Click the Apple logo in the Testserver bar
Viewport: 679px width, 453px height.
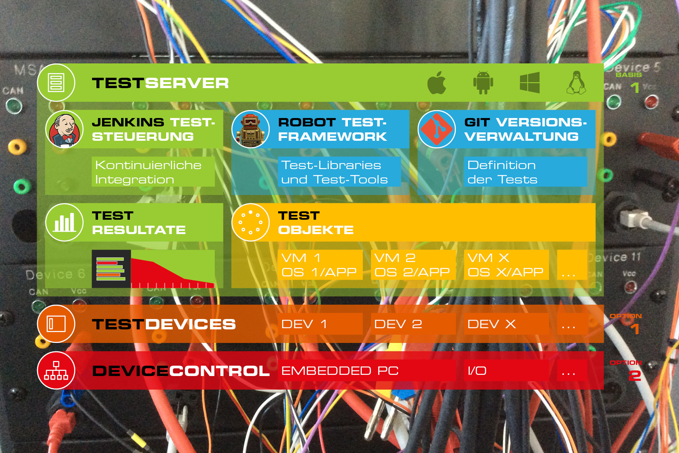[437, 83]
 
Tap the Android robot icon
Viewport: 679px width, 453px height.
[483, 83]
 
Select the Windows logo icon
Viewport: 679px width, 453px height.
[530, 83]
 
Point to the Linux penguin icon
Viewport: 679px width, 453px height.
[576, 83]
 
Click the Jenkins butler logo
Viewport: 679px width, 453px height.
[64, 129]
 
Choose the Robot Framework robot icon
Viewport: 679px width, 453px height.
[250, 129]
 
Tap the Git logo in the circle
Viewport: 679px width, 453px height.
[437, 129]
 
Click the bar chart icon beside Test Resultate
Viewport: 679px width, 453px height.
[64, 222]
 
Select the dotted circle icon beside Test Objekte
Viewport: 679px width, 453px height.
[250, 222]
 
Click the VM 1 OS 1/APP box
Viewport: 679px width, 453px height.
[320, 265]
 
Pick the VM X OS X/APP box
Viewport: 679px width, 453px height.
[506, 265]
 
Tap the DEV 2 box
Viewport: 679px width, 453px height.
[413, 324]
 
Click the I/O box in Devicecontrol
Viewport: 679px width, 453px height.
[506, 370]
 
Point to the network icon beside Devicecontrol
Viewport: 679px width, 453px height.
[56, 370]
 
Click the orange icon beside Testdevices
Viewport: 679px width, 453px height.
[56, 324]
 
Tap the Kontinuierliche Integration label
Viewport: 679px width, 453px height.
[153, 172]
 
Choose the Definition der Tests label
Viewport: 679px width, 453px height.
[525, 172]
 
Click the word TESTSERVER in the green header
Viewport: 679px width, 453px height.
[160, 83]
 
